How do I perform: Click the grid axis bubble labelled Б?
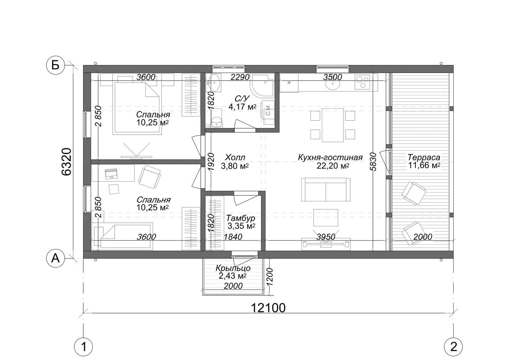[x=56, y=66]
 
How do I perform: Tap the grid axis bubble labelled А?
[x=56, y=258]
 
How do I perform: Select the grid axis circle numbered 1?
[x=84, y=347]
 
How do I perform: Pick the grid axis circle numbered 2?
[x=453, y=347]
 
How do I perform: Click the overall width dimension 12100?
[x=268, y=308]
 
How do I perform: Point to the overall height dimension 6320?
[x=66, y=162]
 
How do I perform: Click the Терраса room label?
[x=424, y=157]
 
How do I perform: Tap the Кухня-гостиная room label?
[x=330, y=157]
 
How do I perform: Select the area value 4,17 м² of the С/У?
[x=242, y=106]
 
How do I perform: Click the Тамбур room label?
[x=240, y=218]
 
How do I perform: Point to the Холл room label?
[x=235, y=157]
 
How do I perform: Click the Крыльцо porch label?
[x=233, y=268]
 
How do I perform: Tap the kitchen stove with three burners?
[x=362, y=82]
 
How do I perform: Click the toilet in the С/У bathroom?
[x=216, y=118]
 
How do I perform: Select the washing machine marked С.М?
[x=268, y=113]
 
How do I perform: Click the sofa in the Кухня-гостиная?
[x=326, y=190]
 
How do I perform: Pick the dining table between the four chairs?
[x=333, y=125]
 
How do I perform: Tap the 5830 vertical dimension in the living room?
[x=373, y=162]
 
